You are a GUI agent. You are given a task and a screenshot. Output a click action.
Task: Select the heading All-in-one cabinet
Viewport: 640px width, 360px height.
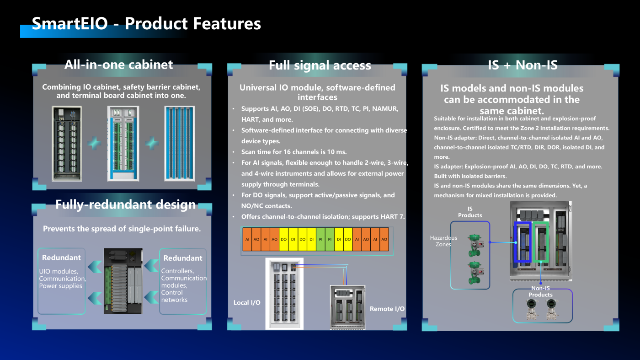coord(118,64)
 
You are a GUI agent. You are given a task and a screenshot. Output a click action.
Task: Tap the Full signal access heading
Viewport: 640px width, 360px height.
coord(320,65)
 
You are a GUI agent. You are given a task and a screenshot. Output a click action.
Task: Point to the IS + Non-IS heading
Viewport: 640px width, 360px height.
coord(523,65)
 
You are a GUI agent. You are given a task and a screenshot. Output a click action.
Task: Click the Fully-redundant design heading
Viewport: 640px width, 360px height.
coord(125,204)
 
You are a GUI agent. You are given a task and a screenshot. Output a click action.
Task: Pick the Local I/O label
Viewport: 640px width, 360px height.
coord(247,302)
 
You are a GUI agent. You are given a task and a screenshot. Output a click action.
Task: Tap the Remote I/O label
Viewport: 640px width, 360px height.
coord(387,309)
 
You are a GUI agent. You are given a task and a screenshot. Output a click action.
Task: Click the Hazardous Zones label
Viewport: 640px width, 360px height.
coord(443,241)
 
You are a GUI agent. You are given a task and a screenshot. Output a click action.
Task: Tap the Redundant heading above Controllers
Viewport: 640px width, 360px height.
coord(183,258)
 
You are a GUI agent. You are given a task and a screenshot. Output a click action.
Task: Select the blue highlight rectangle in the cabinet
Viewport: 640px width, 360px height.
coord(523,242)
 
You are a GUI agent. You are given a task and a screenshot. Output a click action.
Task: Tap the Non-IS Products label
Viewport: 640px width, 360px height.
coord(540,291)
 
